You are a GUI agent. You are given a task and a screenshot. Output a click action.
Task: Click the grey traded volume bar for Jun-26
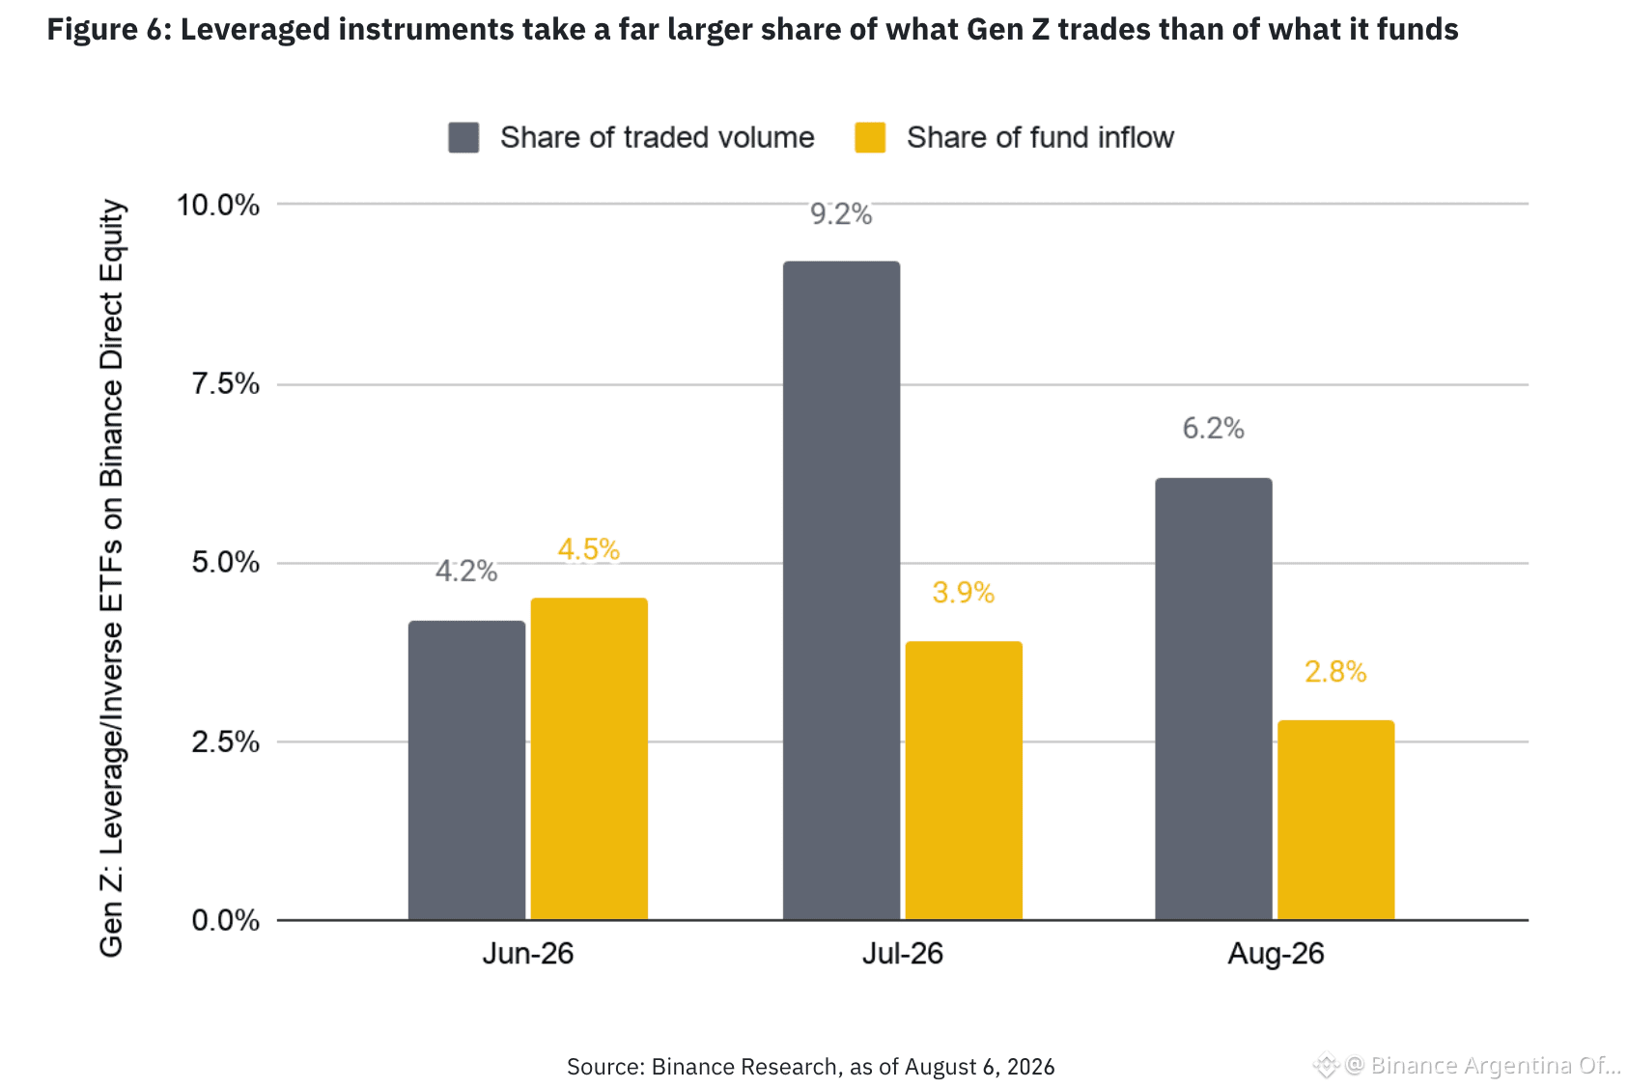click(x=466, y=770)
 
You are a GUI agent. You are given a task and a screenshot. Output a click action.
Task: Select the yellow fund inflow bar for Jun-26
click(x=589, y=759)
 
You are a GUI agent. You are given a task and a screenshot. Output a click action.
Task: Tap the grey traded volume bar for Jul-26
click(x=842, y=591)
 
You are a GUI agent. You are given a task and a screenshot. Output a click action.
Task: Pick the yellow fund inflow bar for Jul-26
click(x=964, y=780)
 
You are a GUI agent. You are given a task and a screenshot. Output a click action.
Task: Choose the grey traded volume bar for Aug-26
click(x=1214, y=699)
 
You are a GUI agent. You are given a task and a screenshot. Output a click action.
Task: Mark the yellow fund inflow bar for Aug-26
click(x=1335, y=821)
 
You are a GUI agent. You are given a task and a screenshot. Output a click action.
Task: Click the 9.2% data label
click(x=841, y=214)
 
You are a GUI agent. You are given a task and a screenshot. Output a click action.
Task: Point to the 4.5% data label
click(x=589, y=549)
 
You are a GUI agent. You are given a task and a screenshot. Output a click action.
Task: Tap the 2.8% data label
click(x=1335, y=672)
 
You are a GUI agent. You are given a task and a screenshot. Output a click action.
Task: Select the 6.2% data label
click(x=1213, y=429)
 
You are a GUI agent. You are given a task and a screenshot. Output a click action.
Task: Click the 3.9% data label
click(x=963, y=593)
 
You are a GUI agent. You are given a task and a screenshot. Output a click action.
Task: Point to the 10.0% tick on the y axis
click(x=218, y=205)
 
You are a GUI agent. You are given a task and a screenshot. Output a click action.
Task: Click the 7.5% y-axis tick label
click(x=225, y=383)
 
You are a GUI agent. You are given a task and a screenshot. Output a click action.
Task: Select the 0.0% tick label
click(x=225, y=920)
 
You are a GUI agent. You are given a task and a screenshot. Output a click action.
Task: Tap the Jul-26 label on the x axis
click(x=903, y=953)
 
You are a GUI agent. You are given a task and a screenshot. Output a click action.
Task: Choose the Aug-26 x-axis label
click(x=1277, y=953)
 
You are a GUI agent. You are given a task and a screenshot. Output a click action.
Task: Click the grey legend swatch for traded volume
click(x=463, y=137)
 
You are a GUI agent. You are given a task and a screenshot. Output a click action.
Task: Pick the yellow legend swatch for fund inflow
click(x=870, y=137)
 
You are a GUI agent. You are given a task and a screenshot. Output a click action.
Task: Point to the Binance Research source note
click(x=810, y=1067)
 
